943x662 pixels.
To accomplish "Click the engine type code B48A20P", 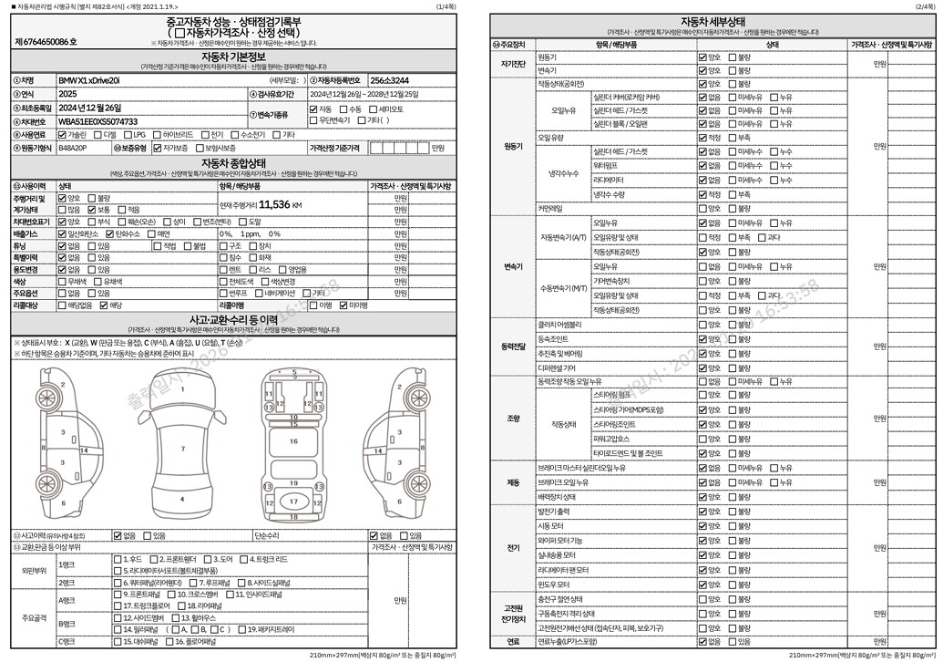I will [x=73, y=148].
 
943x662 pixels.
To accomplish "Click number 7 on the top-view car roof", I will [x=183, y=449].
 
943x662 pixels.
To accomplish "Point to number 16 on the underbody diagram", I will [x=293, y=441].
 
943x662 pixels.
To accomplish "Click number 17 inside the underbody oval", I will [x=293, y=502].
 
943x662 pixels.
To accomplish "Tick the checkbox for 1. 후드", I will [x=116, y=559].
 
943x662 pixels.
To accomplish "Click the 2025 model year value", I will [x=68, y=94].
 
